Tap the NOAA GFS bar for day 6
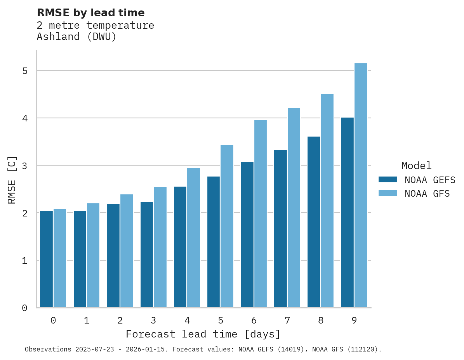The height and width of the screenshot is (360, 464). point(261,213)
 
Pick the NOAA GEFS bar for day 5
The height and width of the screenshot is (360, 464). point(214,242)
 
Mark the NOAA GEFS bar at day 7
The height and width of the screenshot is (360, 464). point(280,229)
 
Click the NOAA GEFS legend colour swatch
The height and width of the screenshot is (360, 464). point(388,180)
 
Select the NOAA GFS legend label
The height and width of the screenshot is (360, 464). point(427,194)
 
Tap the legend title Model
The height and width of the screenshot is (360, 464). point(416,166)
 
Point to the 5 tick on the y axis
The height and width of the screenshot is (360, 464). point(25,71)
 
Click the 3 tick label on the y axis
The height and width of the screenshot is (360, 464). point(25,166)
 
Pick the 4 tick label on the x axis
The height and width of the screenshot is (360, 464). point(187,320)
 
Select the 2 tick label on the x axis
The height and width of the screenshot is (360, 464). point(120,320)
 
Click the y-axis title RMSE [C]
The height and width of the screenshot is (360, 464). point(12,180)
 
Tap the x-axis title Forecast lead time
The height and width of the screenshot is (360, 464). point(203,334)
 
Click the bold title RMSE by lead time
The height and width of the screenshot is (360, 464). point(91,13)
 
